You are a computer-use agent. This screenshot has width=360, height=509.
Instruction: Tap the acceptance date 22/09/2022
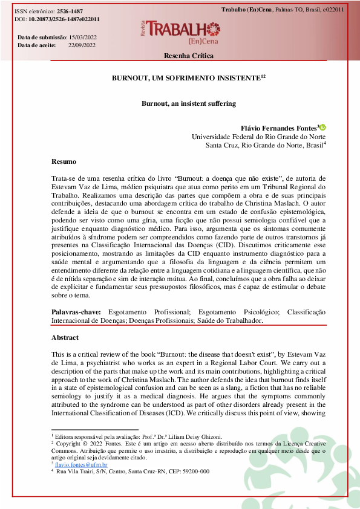pyautogui.click(x=82, y=45)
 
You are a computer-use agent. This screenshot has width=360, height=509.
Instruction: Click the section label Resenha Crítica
pyautogui.click(x=188, y=56)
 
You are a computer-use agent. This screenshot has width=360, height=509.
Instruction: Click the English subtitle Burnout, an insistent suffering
pyautogui.click(x=188, y=103)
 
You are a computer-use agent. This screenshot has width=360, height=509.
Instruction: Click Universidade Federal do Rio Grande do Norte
pyautogui.click(x=259, y=137)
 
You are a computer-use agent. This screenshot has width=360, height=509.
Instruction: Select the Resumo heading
pyautogui.click(x=64, y=161)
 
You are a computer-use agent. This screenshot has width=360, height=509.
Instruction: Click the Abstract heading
pyautogui.click(x=65, y=337)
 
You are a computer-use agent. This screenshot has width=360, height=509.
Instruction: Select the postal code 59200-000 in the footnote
pyautogui.click(x=195, y=471)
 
